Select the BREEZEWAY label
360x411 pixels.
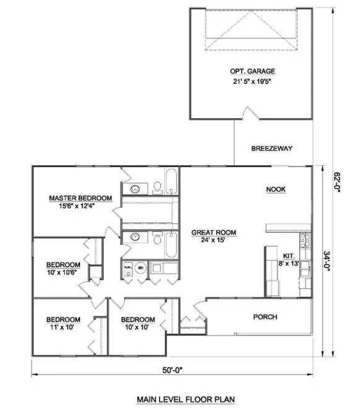point(272,149)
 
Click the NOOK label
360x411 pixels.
point(275,189)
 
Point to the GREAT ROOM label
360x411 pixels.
point(213,233)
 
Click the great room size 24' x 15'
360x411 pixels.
point(213,241)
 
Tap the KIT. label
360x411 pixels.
point(288,255)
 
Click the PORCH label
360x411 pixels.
point(265,317)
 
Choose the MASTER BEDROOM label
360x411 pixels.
point(80,198)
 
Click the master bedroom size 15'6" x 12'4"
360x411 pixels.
point(80,206)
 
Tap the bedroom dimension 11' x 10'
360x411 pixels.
point(60,327)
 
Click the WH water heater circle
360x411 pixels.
point(140,268)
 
